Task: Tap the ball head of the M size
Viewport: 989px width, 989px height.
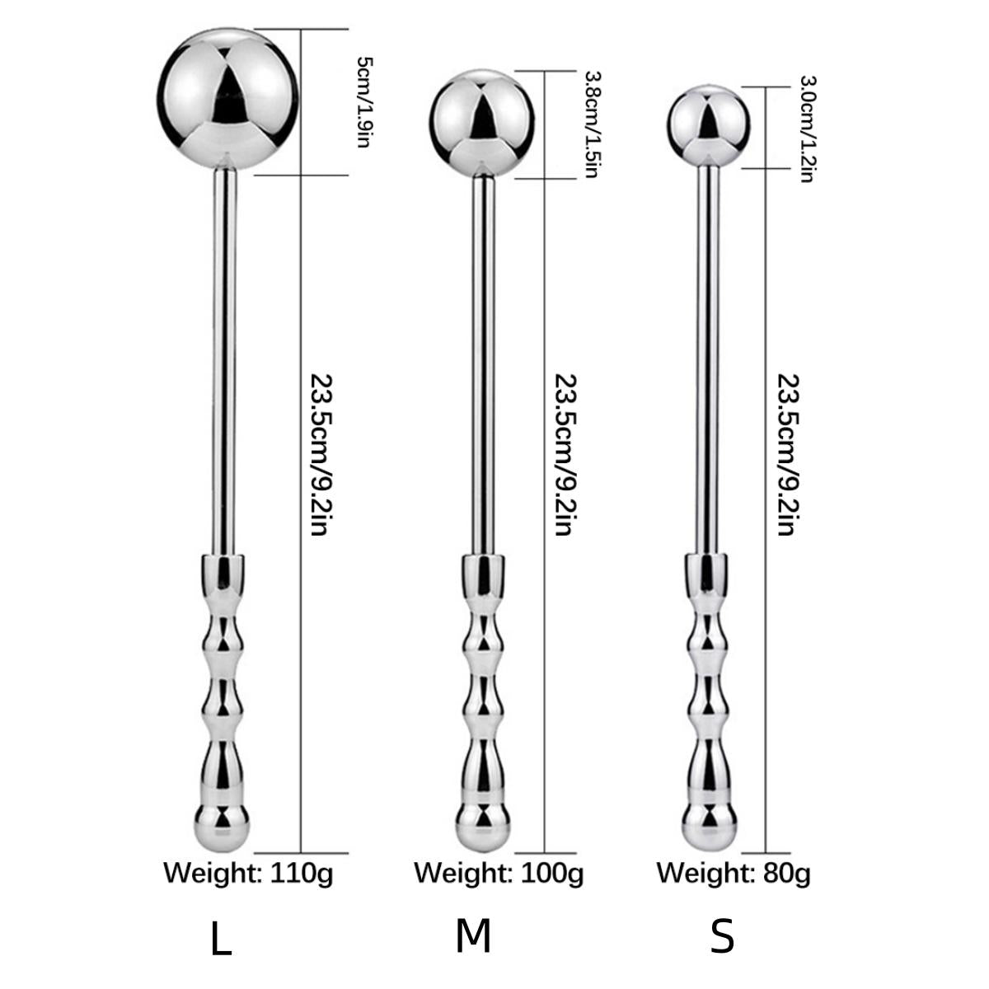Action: [483, 124]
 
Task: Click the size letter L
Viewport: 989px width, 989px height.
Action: [221, 940]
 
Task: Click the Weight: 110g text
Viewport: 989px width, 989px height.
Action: [248, 872]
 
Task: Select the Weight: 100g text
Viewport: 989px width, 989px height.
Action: [499, 872]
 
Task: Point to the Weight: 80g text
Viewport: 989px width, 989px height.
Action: [734, 872]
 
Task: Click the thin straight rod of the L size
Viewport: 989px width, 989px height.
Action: [226, 363]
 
